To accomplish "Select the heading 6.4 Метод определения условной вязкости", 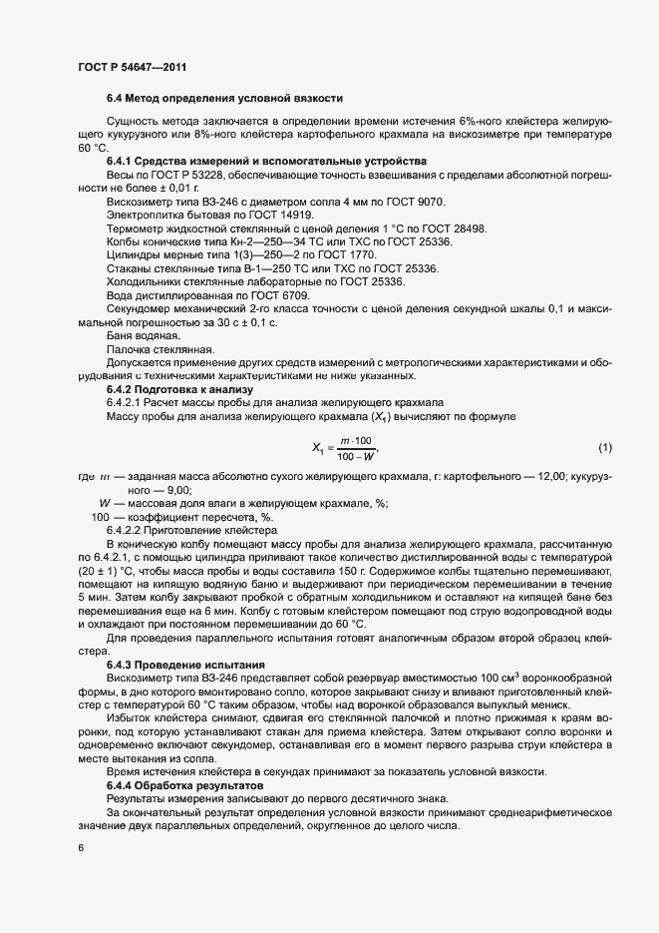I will point(225,98).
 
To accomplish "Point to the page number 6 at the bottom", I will point(81,847).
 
